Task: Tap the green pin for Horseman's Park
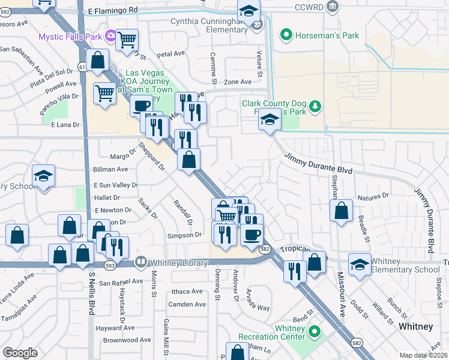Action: (286, 35)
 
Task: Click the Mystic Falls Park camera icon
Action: (110, 36)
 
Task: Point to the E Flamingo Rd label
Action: (112, 10)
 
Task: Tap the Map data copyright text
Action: (423, 355)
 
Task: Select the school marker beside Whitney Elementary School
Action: (360, 266)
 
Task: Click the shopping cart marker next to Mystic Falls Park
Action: (127, 41)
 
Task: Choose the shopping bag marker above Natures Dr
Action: (341, 211)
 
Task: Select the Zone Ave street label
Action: (238, 82)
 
